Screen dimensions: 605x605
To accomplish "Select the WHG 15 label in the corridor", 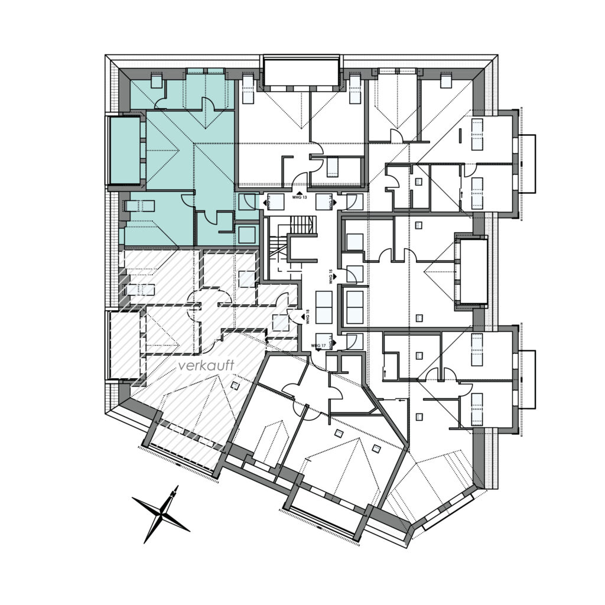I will tap(331, 278).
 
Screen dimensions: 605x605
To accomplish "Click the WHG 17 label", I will tap(320, 345).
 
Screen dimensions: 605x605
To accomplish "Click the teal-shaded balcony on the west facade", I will tap(125, 150).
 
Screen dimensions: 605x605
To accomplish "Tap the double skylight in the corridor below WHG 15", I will tap(323, 308).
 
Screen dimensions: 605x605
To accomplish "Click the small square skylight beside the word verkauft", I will tap(235, 386).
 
